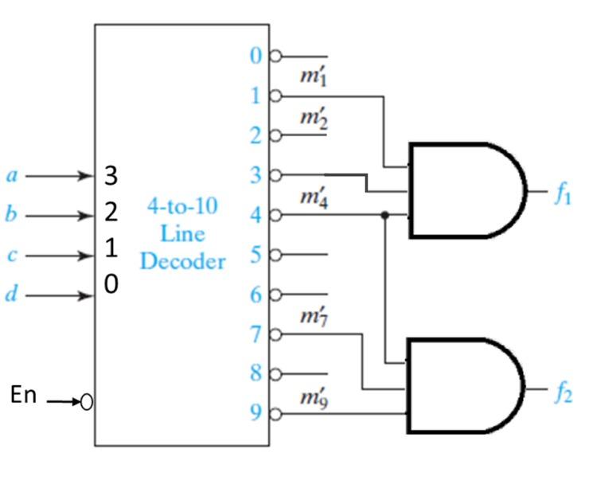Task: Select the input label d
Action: [x=10, y=295]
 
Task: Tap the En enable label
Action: [x=23, y=395]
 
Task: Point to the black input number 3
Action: [x=111, y=176]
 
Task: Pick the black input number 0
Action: [x=111, y=285]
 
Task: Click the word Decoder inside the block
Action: [x=182, y=261]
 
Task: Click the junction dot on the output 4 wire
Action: [x=385, y=215]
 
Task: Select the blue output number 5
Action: [x=255, y=256]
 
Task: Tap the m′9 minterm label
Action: [x=310, y=398]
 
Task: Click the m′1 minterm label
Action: [x=310, y=78]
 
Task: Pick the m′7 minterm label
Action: [x=310, y=317]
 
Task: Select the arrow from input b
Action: [x=60, y=216]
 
